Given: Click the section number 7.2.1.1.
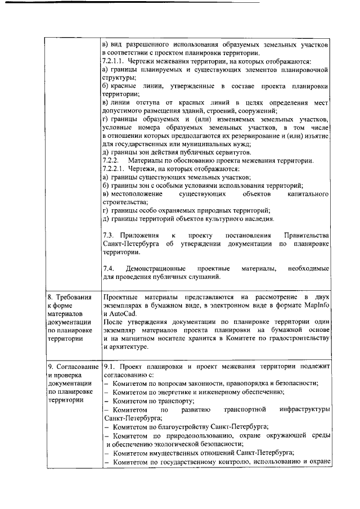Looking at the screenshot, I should tap(114, 61).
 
